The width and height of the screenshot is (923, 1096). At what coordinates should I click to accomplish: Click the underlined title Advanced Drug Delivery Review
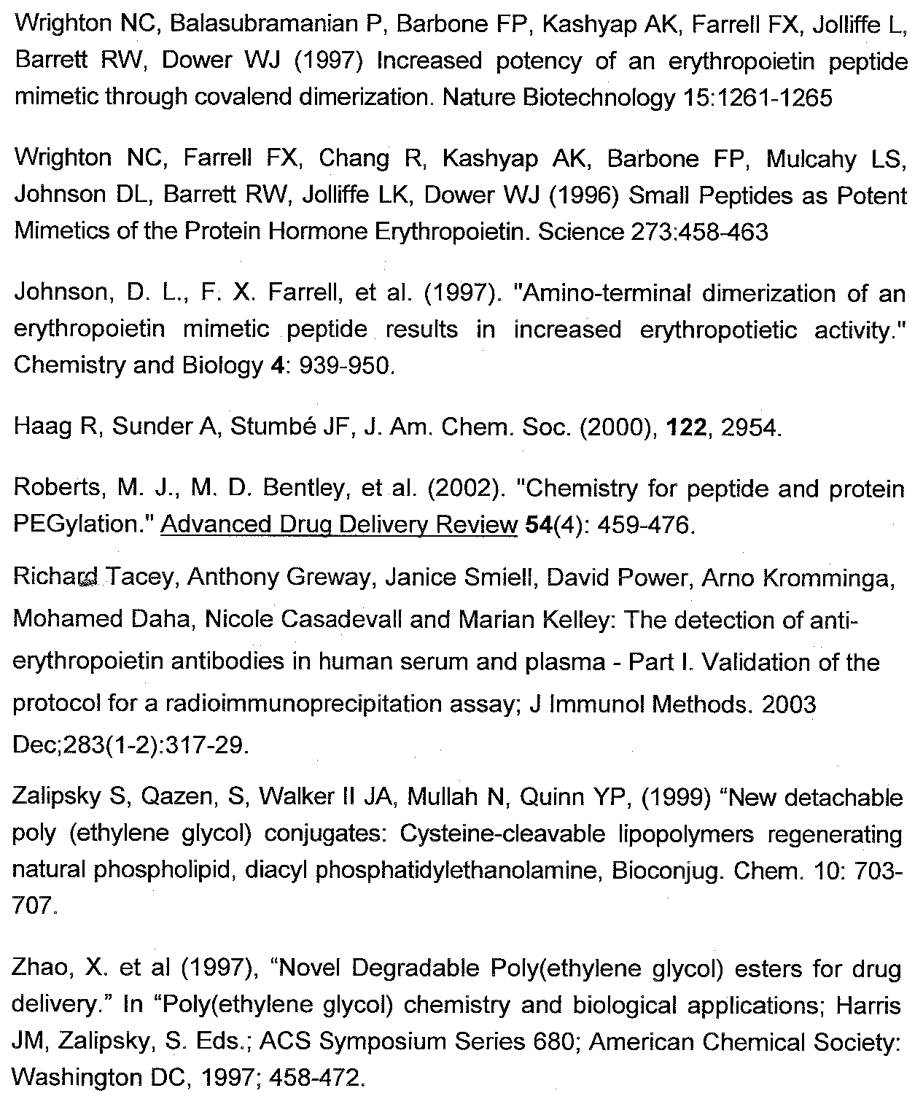coord(338,525)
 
